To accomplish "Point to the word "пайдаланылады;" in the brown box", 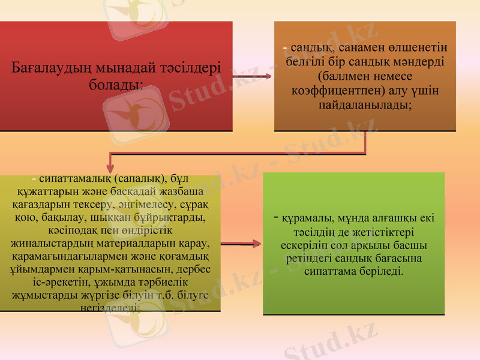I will coord(365,104).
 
